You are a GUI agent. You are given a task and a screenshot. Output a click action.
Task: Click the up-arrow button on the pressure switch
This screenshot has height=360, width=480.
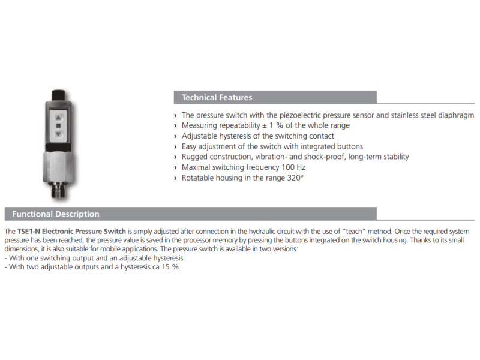58,118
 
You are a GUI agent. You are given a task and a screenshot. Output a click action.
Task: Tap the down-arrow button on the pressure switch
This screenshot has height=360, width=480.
58,136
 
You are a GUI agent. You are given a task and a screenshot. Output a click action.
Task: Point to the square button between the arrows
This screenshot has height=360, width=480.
58,127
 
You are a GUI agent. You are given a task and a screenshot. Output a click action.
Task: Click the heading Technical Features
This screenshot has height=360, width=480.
217,97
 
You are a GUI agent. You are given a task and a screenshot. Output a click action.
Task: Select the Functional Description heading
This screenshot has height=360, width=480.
56,214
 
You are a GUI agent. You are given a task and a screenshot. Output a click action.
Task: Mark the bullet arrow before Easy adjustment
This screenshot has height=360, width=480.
175,146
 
